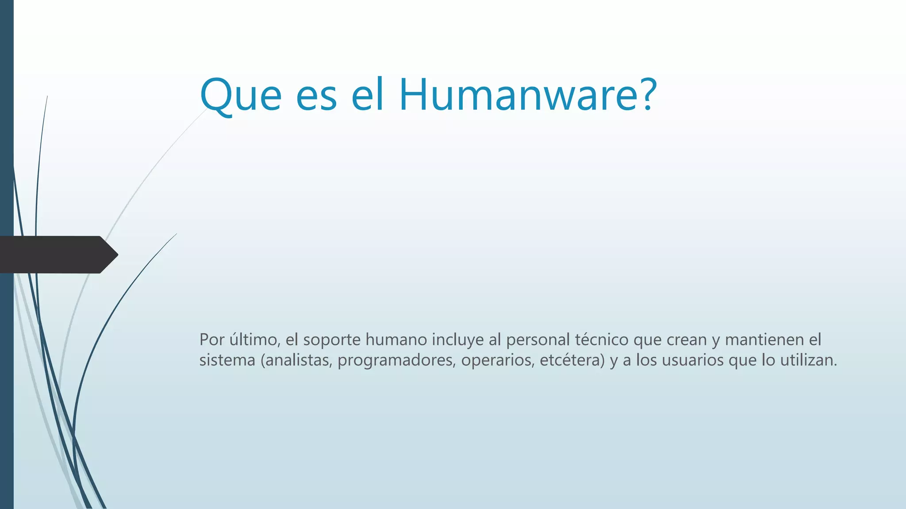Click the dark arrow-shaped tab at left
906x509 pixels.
58,254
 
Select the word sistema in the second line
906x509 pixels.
227,360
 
